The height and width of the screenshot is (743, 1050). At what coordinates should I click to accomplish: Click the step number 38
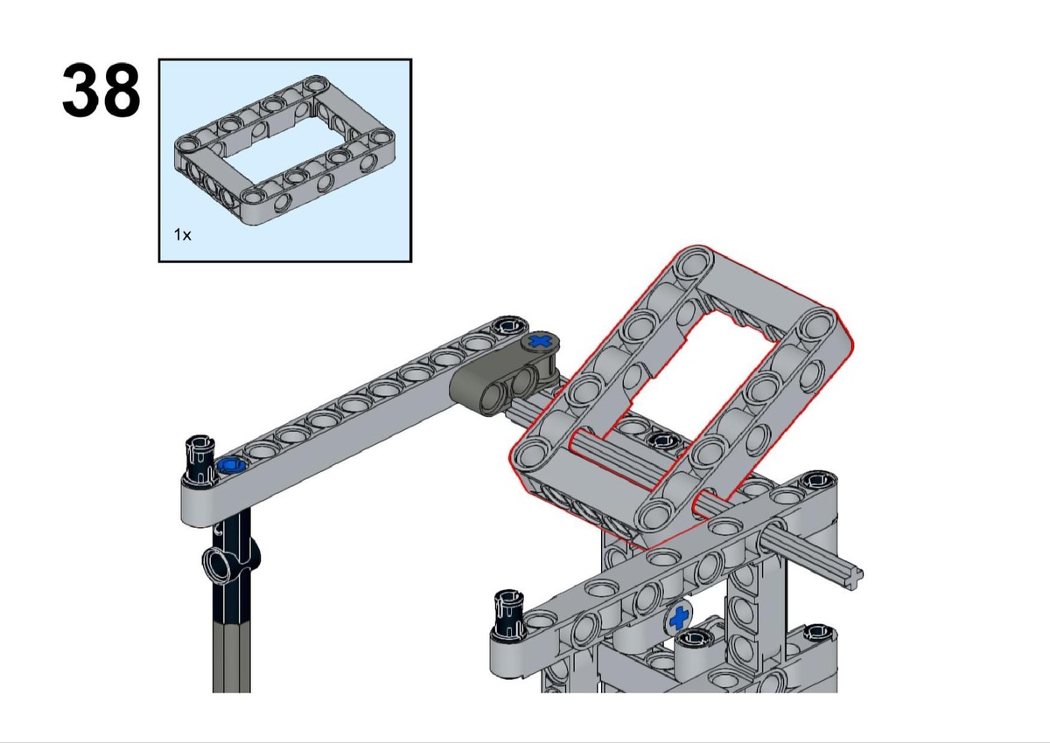[101, 90]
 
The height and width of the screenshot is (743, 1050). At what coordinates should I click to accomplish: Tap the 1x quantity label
[182, 234]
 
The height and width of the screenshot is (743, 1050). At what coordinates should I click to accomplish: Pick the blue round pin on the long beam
[233, 465]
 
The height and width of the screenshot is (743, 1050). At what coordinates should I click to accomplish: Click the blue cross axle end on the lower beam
[679, 618]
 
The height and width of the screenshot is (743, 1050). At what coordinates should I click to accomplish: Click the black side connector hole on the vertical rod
[220, 563]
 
